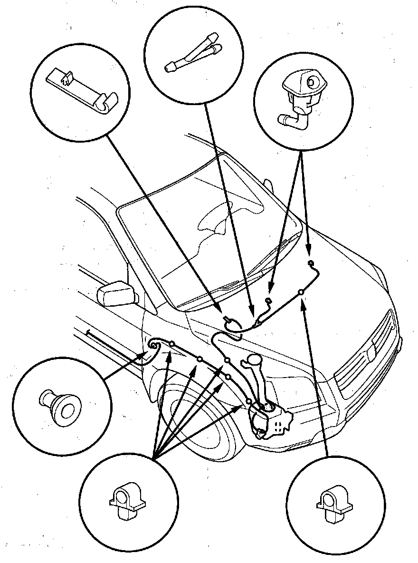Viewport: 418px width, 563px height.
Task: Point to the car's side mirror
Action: (x=114, y=293)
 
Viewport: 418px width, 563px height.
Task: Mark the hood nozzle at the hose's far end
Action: (x=311, y=263)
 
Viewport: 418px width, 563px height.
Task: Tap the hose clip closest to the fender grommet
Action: (x=172, y=343)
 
